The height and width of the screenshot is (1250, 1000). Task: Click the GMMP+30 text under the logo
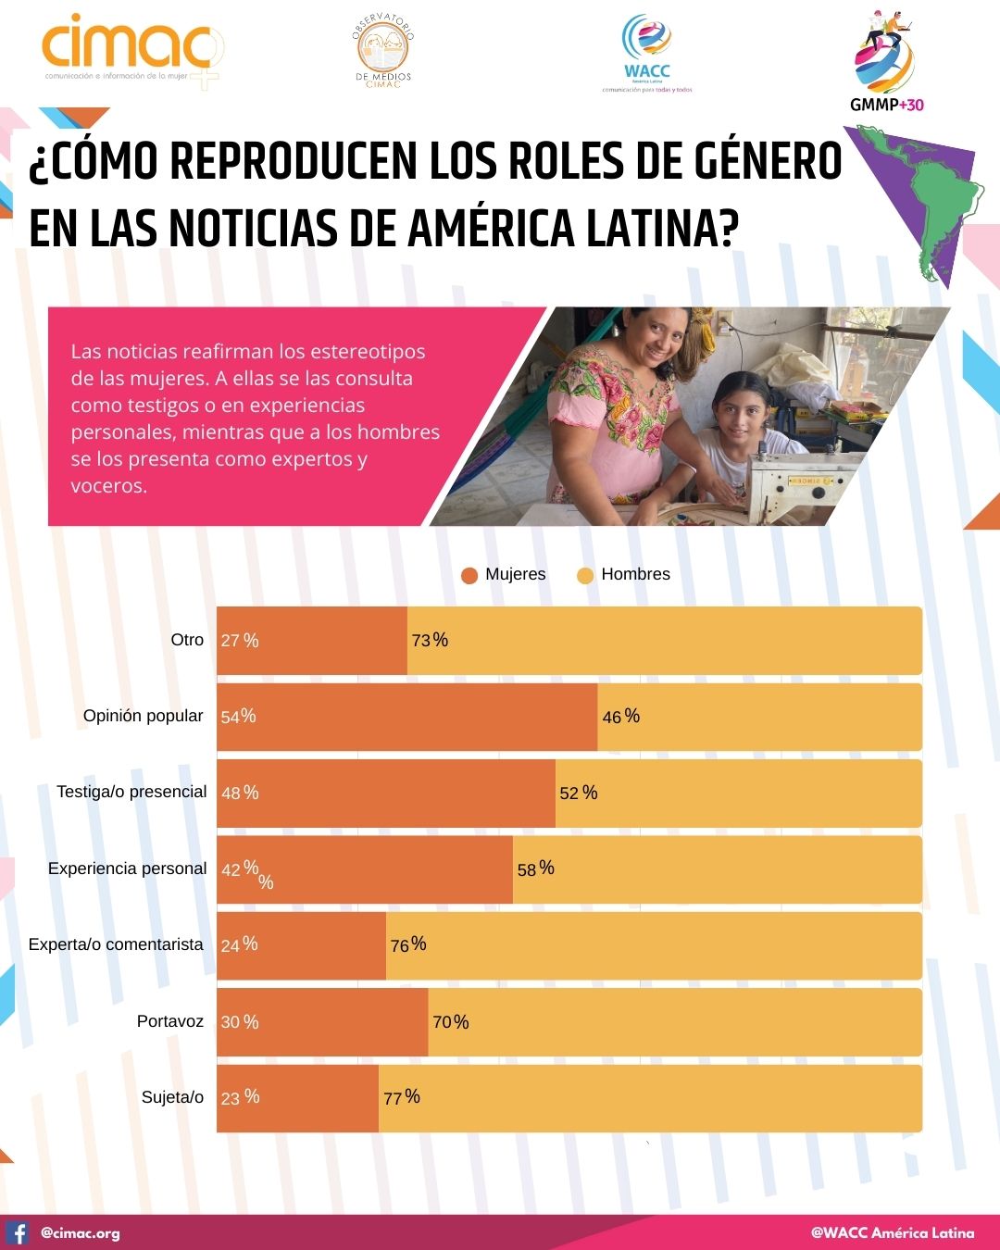click(x=886, y=105)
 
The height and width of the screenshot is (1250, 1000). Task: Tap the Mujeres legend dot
click(x=469, y=575)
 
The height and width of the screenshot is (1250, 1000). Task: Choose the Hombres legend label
click(x=635, y=574)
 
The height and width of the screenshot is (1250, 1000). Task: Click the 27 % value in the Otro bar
click(x=240, y=641)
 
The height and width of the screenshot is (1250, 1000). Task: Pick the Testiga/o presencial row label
click(x=131, y=792)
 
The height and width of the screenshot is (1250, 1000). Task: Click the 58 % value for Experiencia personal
click(x=535, y=869)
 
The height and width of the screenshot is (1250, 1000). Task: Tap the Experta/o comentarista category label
click(x=116, y=944)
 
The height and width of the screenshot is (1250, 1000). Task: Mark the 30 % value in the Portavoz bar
click(x=240, y=1022)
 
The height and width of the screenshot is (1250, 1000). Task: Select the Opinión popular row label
click(x=143, y=716)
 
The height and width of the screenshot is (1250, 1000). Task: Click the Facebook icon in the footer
click(x=18, y=1232)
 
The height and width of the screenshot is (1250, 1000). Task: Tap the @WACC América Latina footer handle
click(x=893, y=1232)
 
